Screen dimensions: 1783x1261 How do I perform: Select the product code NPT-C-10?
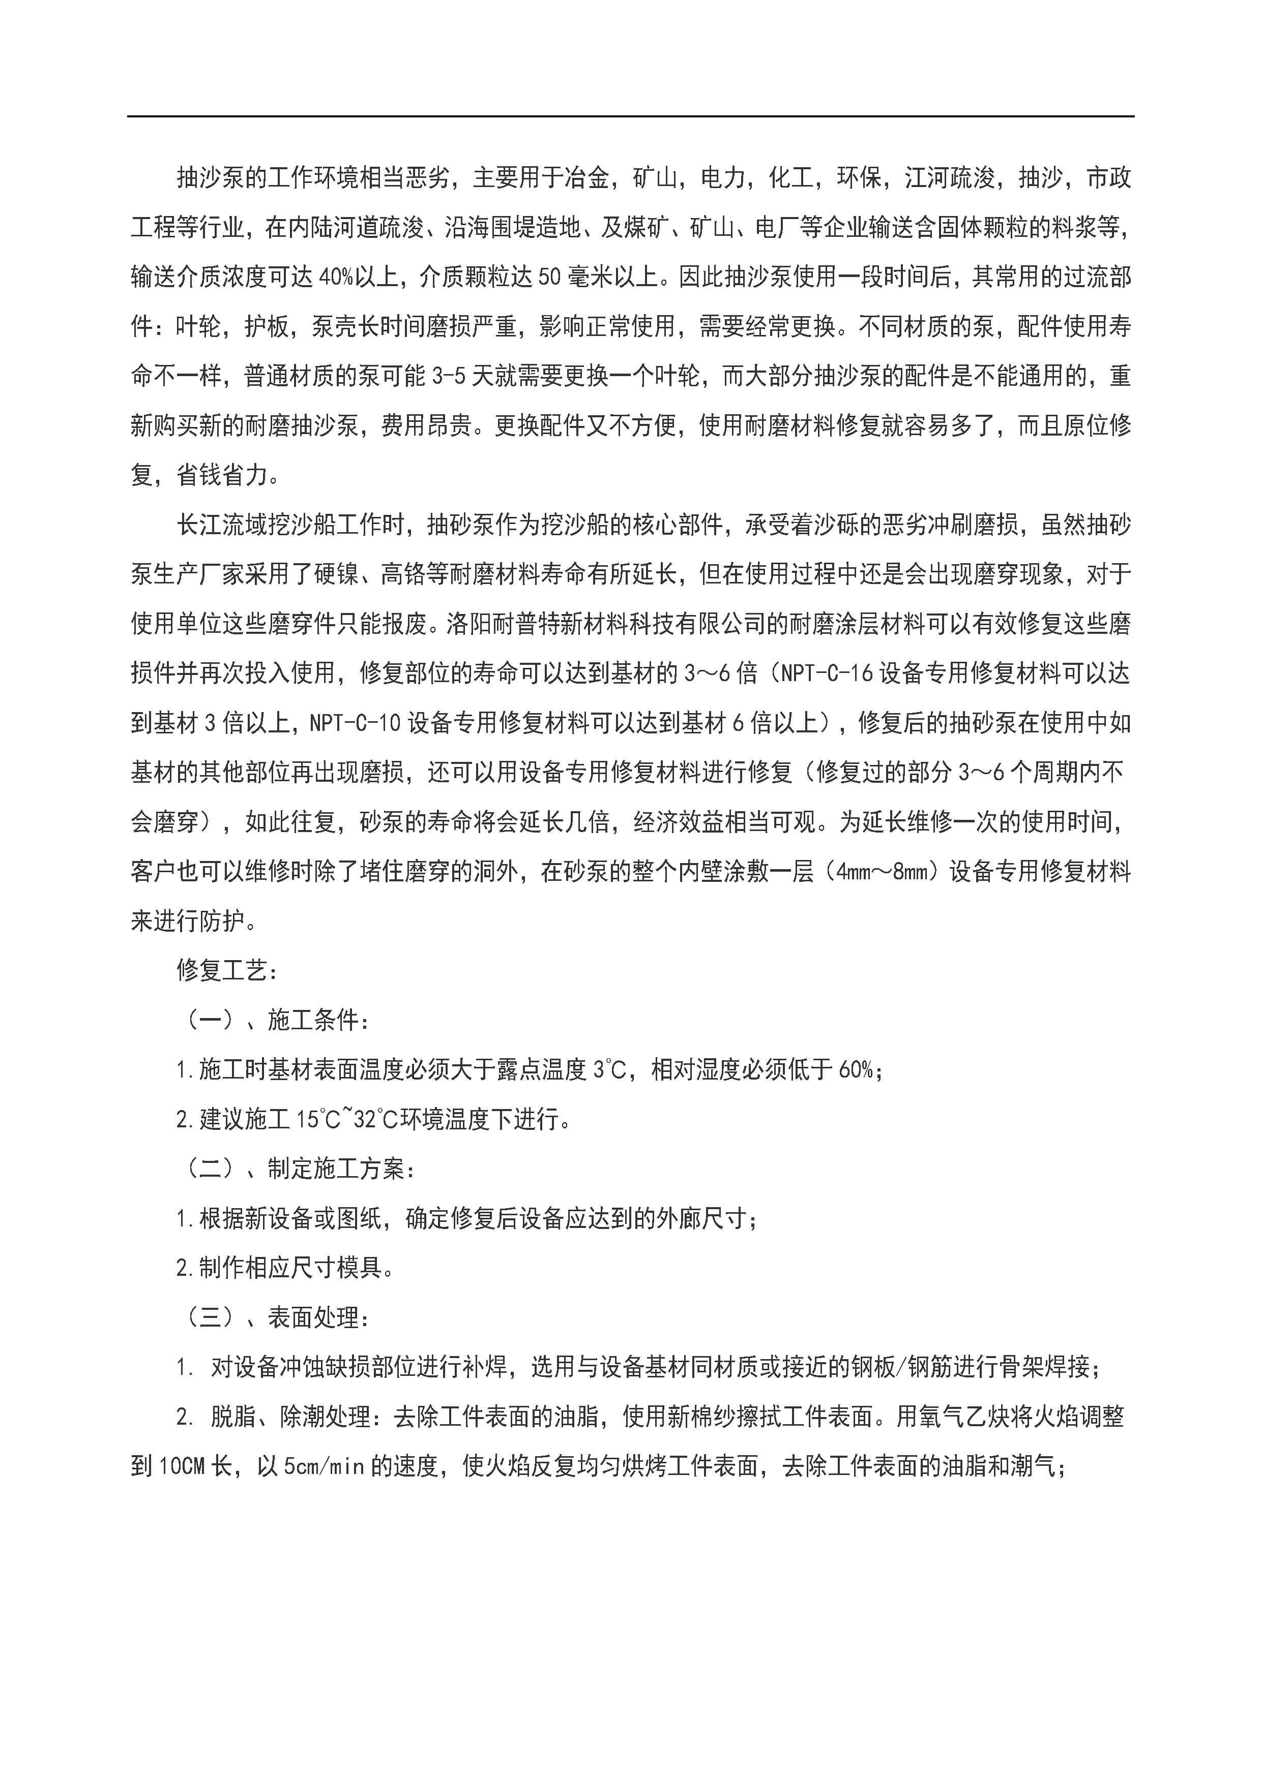355,723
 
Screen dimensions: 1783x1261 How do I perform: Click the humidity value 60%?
858,1070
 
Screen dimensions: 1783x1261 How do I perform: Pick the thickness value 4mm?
855,872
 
